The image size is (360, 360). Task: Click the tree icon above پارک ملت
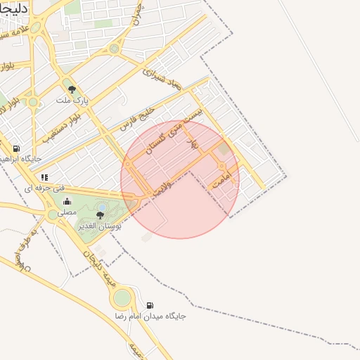[72, 89]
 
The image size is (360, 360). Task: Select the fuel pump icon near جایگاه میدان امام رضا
[149, 305]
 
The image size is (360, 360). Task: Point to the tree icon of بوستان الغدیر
[100, 215]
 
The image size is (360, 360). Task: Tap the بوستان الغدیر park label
[98, 226]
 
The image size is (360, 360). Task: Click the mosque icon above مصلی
[67, 202]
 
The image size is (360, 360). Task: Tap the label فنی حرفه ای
[44, 188]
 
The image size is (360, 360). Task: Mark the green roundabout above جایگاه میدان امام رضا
[122, 298]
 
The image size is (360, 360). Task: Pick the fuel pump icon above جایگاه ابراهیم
[16, 148]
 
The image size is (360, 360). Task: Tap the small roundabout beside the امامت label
[221, 167]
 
